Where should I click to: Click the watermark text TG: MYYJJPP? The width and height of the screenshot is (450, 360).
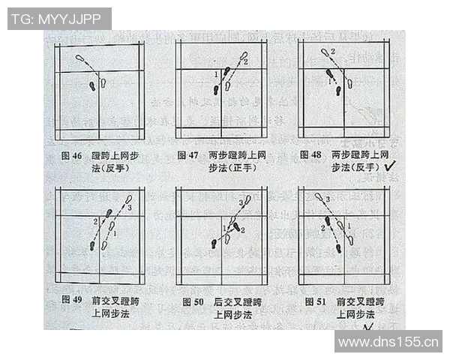tap(59, 19)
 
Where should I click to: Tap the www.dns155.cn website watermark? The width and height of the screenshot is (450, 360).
tap(388, 342)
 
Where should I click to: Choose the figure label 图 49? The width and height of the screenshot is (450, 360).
tap(71, 301)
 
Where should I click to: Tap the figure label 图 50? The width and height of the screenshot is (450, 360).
tap(193, 301)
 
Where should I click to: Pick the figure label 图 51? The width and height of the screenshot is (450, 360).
tap(315, 301)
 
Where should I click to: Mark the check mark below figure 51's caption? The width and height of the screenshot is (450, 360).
tap(368, 328)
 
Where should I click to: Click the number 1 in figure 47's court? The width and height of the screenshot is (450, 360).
tap(216, 73)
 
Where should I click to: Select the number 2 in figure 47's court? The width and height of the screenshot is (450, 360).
tap(245, 61)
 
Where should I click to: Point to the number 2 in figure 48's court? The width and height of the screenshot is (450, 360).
tap(334, 51)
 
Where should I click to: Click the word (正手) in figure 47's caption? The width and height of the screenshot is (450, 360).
tap(238, 168)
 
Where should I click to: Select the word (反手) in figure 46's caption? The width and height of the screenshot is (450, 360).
tap(115, 168)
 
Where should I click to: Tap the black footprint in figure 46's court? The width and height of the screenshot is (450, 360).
tap(93, 85)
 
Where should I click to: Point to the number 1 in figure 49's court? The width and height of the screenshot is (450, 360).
tap(114, 234)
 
